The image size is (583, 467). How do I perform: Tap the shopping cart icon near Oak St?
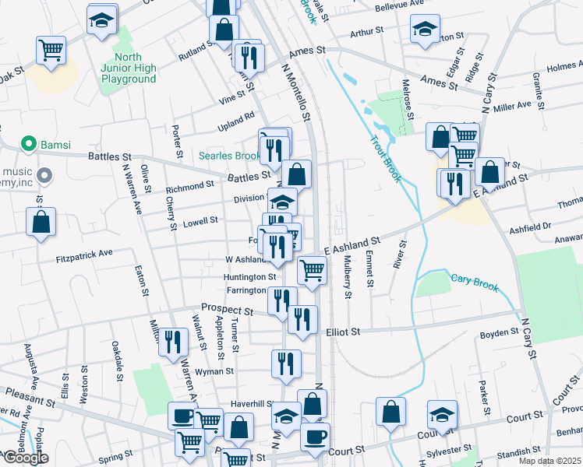click(x=51, y=51)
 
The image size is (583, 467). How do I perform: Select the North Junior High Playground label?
click(x=129, y=68)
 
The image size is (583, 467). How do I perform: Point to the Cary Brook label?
click(x=474, y=282)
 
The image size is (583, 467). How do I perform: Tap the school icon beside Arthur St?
click(x=425, y=31)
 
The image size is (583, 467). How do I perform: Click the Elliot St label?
click(x=343, y=331)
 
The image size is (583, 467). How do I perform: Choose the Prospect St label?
click(x=227, y=310)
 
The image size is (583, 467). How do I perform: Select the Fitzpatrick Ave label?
click(x=84, y=254)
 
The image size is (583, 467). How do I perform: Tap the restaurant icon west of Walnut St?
click(x=173, y=341)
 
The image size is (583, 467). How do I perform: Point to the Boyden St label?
click(x=500, y=332)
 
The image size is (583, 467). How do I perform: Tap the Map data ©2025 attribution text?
click(x=549, y=461)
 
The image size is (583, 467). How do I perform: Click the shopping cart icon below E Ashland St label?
click(x=312, y=271)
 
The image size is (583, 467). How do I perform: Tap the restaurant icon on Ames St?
click(x=249, y=57)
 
